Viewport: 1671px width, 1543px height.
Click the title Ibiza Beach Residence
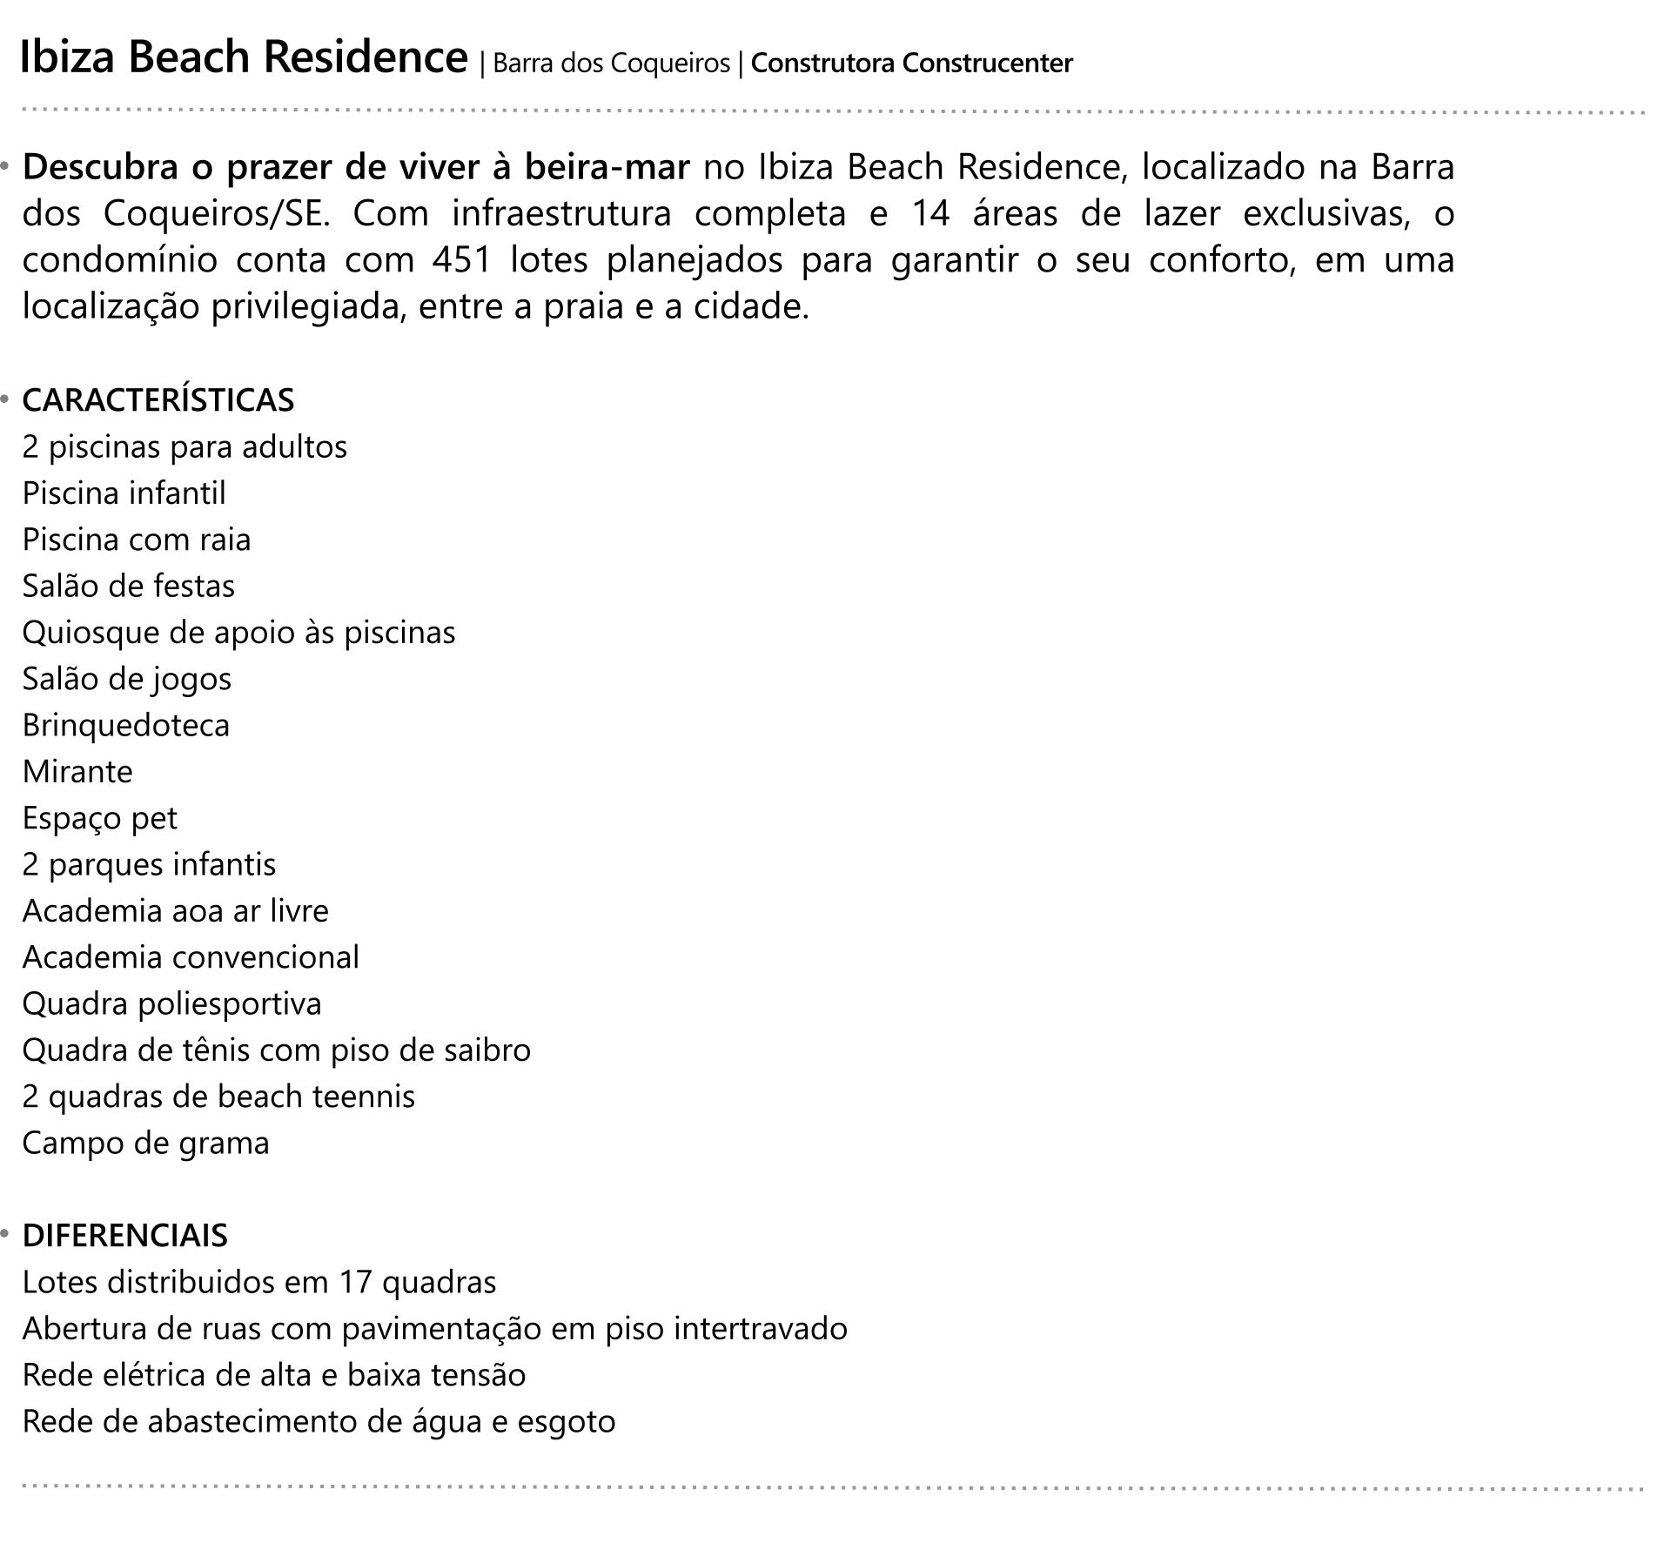[244, 58]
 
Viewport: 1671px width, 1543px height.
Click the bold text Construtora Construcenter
[911, 64]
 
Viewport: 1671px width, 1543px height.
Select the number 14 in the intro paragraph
[930, 214]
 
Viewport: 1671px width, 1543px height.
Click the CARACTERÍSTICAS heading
[158, 400]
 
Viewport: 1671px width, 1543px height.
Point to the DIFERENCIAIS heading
[125, 1236]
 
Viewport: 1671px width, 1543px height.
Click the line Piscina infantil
[124, 493]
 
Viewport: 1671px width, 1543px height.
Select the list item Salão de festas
[129, 586]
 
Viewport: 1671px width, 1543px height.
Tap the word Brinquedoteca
[126, 725]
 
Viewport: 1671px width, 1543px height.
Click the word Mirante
[77, 772]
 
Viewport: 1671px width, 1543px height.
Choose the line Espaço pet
[100, 818]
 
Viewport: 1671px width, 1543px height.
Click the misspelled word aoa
[199, 911]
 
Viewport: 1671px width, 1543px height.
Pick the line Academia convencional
[191, 957]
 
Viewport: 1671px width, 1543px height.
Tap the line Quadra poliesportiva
[171, 1003]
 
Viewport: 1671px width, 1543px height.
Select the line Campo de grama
[145, 1143]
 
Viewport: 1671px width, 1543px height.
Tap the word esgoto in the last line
[567, 1421]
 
